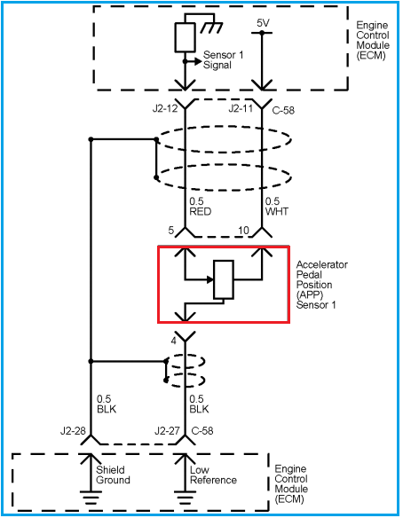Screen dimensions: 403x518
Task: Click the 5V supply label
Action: click(263, 23)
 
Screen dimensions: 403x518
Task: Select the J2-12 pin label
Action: click(165, 108)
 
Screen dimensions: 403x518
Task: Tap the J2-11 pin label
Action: click(241, 108)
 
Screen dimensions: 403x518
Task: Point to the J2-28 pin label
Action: click(73, 431)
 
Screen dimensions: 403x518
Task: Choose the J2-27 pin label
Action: click(167, 431)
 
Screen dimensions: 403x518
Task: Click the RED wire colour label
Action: click(201, 211)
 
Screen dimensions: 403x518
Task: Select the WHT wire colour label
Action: click(277, 211)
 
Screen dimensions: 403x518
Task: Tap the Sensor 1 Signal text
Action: click(223, 59)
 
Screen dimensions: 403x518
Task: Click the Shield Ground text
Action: click(113, 475)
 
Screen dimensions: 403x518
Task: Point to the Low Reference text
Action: click(213, 475)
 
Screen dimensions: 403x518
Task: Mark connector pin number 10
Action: click(243, 231)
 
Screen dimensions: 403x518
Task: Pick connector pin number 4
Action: click(174, 341)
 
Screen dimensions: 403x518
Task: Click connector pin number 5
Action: click(171, 231)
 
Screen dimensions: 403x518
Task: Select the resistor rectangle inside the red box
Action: click(224, 279)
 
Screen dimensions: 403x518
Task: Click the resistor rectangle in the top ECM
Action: click(185, 37)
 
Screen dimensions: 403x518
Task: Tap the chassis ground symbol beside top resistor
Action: click(211, 27)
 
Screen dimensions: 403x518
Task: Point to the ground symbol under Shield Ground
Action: click(91, 498)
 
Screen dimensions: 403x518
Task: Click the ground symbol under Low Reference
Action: click(185, 498)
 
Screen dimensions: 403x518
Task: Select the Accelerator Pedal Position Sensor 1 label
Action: click(321, 285)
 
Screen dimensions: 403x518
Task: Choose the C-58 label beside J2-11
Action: click(283, 110)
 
